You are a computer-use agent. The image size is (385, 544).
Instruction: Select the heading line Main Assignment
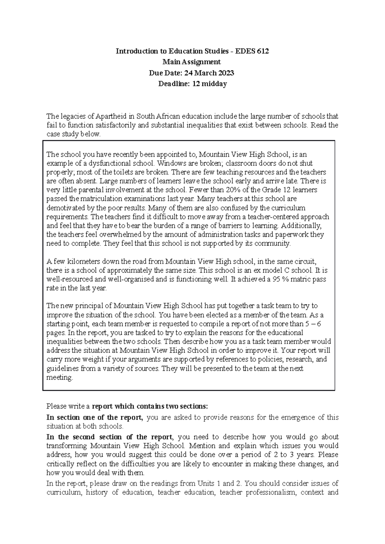(x=192, y=62)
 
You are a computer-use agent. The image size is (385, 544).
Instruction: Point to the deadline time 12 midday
(x=209, y=84)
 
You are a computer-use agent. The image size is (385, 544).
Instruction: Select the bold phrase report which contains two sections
(x=150, y=407)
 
